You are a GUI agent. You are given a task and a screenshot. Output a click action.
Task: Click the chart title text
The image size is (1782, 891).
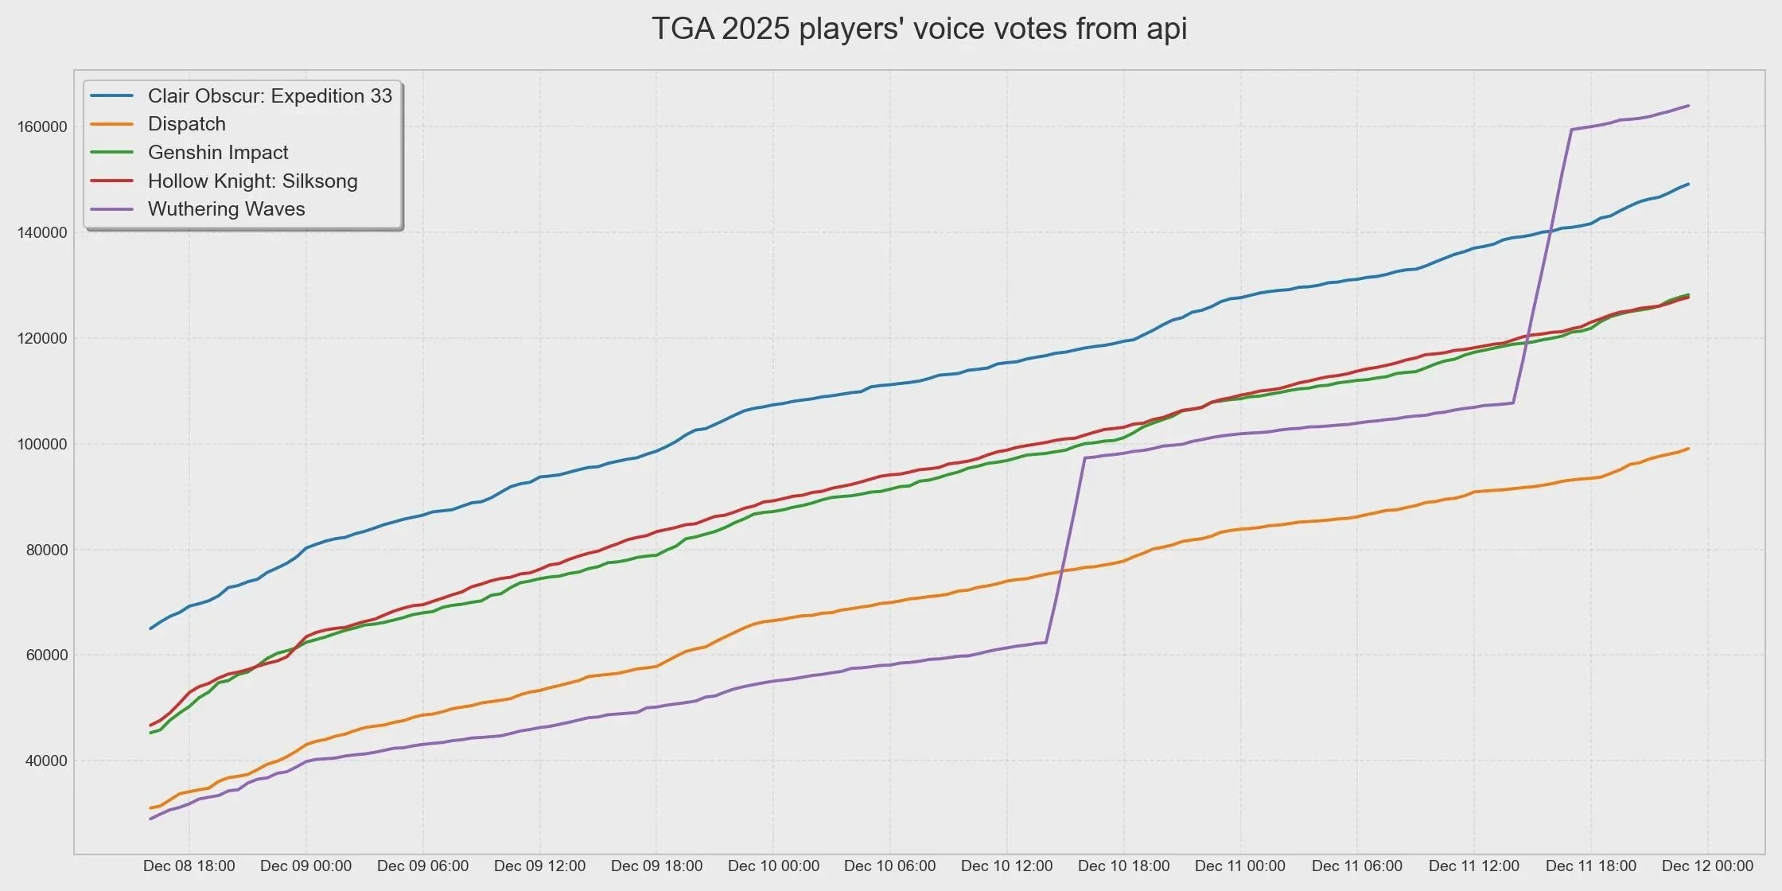point(919,29)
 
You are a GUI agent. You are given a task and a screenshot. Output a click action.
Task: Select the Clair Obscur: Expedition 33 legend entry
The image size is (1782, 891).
point(270,96)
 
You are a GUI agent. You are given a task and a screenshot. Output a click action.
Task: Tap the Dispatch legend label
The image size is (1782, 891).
point(187,124)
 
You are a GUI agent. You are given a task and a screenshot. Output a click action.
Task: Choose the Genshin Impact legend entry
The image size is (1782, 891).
point(218,153)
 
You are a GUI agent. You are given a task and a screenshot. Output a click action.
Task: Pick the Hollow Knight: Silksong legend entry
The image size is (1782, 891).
point(252,181)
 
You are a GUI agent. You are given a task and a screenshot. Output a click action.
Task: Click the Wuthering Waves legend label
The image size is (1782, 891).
point(227,209)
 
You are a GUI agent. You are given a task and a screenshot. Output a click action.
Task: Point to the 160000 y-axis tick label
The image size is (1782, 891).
point(42,127)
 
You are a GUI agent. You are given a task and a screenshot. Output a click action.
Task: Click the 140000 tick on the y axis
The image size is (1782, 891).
point(42,233)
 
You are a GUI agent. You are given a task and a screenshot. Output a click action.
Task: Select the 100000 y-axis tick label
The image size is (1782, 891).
point(42,444)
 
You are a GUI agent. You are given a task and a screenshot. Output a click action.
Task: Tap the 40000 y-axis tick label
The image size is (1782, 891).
point(46,761)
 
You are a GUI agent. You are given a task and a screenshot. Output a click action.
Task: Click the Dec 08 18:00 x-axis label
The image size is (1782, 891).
point(189,866)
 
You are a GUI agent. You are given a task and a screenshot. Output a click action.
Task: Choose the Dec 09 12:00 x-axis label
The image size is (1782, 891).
point(539,866)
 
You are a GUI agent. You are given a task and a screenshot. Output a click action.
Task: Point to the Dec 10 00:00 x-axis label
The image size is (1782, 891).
point(773,866)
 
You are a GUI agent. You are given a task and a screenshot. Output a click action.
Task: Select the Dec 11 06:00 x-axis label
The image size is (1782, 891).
point(1357,866)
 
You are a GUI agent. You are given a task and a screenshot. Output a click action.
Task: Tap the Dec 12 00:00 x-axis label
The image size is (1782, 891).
point(1708,866)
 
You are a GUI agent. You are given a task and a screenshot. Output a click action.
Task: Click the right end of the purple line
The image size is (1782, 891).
point(1688,106)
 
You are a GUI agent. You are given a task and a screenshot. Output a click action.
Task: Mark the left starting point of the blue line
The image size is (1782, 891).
point(150,628)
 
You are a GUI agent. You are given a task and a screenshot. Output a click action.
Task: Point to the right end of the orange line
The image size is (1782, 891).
point(1688,449)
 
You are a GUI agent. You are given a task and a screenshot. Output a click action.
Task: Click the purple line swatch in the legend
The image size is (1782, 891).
point(111,209)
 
